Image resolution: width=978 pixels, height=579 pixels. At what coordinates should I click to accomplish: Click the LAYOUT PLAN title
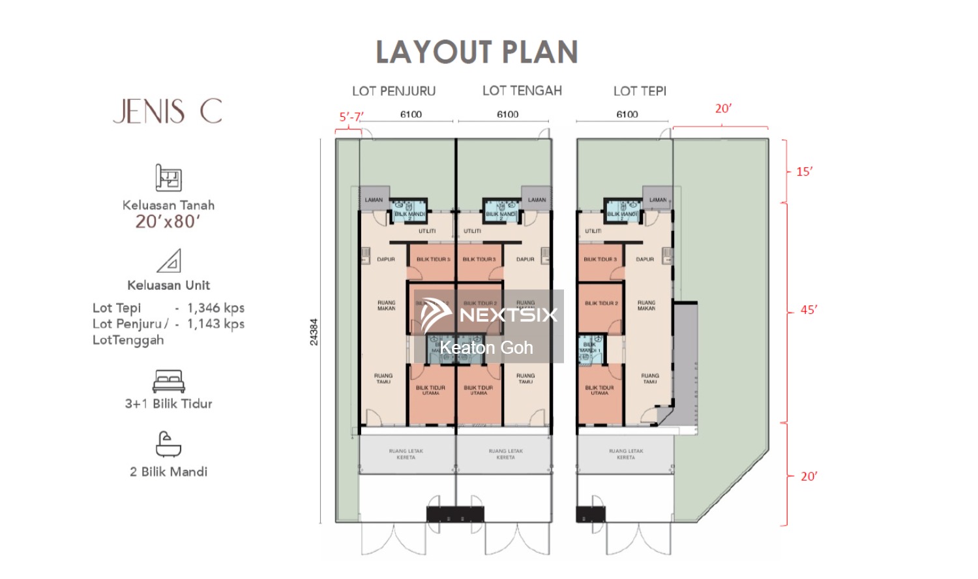pyautogui.click(x=477, y=52)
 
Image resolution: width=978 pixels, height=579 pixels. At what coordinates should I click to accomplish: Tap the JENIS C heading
pyautogui.click(x=168, y=111)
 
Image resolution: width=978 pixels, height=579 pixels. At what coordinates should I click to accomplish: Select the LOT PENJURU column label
pyautogui.click(x=394, y=91)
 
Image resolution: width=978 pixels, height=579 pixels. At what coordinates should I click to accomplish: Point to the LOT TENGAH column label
pyautogui.click(x=522, y=91)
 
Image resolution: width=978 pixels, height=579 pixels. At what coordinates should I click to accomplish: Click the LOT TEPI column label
pyautogui.click(x=640, y=91)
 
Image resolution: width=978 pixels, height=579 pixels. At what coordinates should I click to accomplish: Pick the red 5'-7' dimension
pyautogui.click(x=351, y=117)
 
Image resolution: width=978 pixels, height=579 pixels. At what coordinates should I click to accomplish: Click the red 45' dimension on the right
pyautogui.click(x=808, y=310)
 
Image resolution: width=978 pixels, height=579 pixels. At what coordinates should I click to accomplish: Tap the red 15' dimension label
pyautogui.click(x=805, y=172)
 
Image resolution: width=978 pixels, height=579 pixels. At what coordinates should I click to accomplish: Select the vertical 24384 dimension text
pyautogui.click(x=314, y=332)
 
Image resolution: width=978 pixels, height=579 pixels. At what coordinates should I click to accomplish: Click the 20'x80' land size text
pyautogui.click(x=168, y=222)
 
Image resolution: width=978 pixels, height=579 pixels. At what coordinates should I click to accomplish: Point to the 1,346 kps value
pyautogui.click(x=216, y=308)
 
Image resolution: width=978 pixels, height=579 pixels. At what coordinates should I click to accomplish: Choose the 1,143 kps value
pyautogui.click(x=216, y=324)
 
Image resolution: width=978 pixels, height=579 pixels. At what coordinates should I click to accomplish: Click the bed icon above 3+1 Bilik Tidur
pyautogui.click(x=168, y=381)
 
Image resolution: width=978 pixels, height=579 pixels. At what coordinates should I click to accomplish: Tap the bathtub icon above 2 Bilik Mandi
pyautogui.click(x=168, y=444)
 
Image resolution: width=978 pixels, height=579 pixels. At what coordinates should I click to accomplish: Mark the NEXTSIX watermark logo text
pyautogui.click(x=509, y=315)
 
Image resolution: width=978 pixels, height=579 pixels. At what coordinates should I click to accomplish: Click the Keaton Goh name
pyautogui.click(x=486, y=348)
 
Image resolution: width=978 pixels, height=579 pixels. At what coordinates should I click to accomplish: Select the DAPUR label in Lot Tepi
pyautogui.click(x=645, y=259)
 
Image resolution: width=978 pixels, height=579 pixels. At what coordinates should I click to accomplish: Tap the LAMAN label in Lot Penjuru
pyautogui.click(x=374, y=200)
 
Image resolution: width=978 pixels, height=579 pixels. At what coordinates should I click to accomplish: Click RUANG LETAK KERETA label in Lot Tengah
pyautogui.click(x=505, y=454)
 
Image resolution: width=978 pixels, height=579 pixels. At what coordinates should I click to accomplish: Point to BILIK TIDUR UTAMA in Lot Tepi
pyautogui.click(x=599, y=390)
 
